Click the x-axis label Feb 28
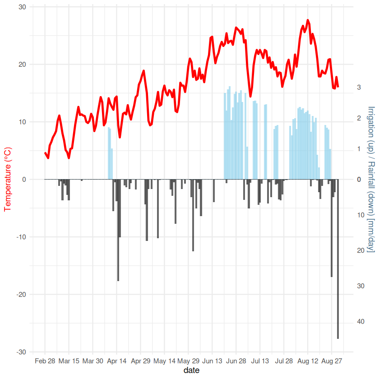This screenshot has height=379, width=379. [x=45, y=361]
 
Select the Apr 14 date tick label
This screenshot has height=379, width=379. [x=116, y=361]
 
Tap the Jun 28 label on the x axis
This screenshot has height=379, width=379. [x=236, y=361]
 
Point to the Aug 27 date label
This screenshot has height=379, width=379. [x=332, y=361]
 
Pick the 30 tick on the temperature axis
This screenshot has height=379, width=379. [x=22, y=7]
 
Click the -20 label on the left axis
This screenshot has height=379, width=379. [x=21, y=295]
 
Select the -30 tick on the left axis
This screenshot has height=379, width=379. [x=21, y=352]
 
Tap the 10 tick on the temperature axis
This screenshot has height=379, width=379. [x=22, y=122]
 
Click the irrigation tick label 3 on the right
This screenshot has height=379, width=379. [x=359, y=87]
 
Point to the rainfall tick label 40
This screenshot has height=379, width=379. [x=361, y=322]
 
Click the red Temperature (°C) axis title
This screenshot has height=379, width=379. [x=7, y=179]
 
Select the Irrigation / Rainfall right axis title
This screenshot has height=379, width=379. [x=371, y=179]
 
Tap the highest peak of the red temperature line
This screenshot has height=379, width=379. [x=308, y=20]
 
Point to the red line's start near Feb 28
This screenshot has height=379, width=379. [x=45, y=153]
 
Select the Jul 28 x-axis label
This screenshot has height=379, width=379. [x=284, y=361]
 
